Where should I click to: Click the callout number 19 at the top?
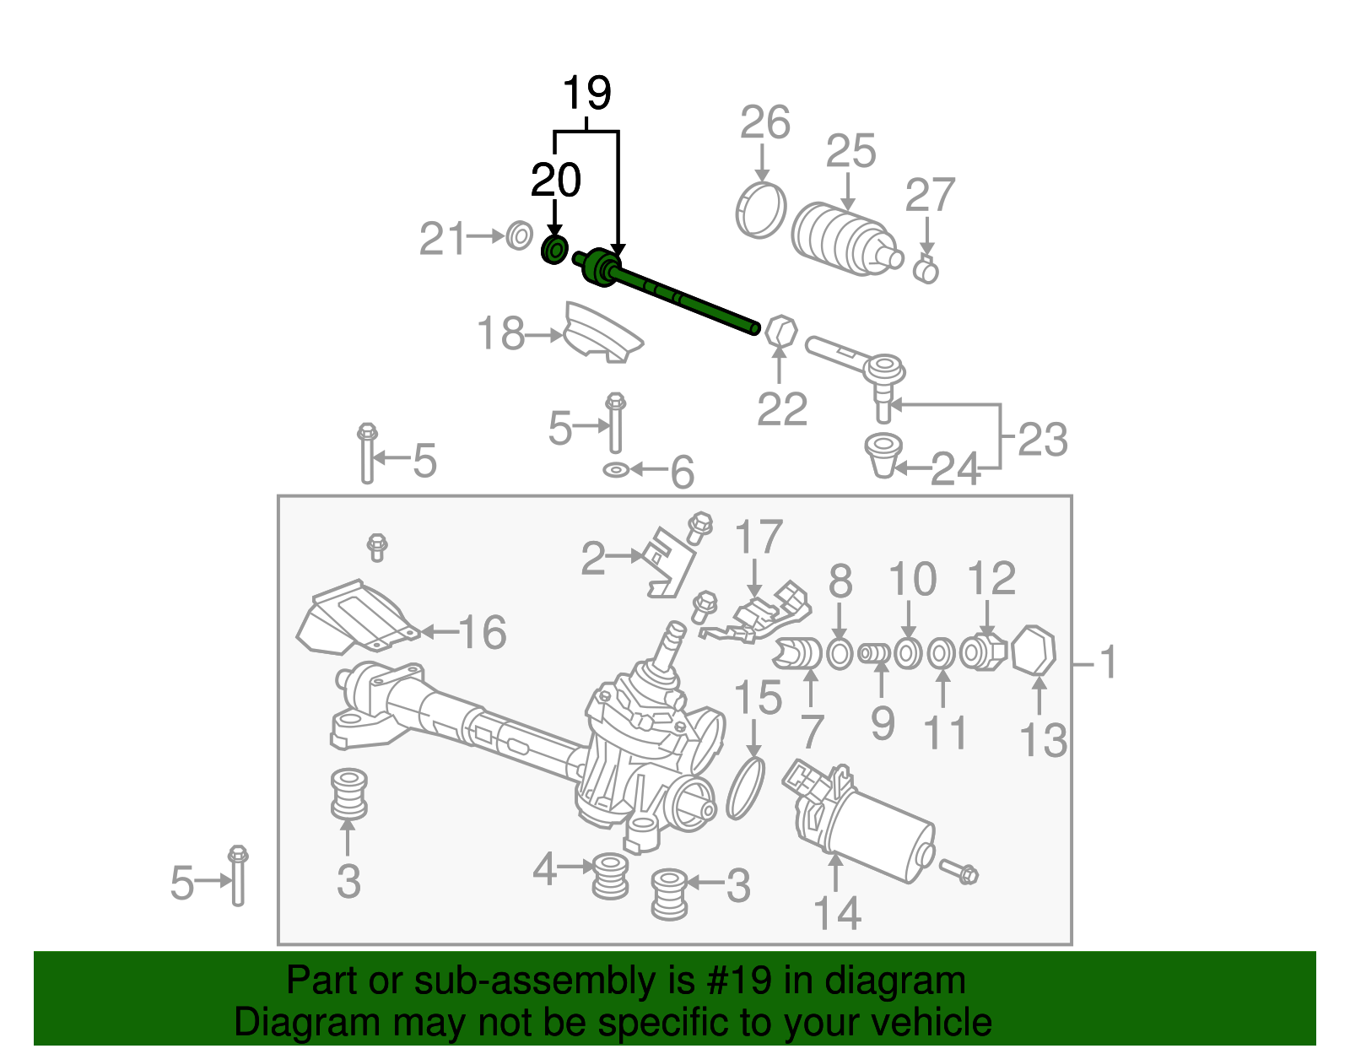pos(586,93)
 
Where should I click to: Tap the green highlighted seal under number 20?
pos(553,250)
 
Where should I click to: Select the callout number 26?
pos(764,123)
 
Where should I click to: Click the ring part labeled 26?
pos(760,209)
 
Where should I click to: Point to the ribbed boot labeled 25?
pos(844,239)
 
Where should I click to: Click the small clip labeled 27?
pos(926,270)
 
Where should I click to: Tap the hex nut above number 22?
pos(780,331)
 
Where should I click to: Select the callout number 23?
pos(1043,440)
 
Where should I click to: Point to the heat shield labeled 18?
pos(601,334)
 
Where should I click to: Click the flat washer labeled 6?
pos(616,469)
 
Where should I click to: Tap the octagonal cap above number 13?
pos(1034,651)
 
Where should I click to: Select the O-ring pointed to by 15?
pos(745,788)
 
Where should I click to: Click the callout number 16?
pos(483,632)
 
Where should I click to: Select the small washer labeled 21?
pos(520,235)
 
